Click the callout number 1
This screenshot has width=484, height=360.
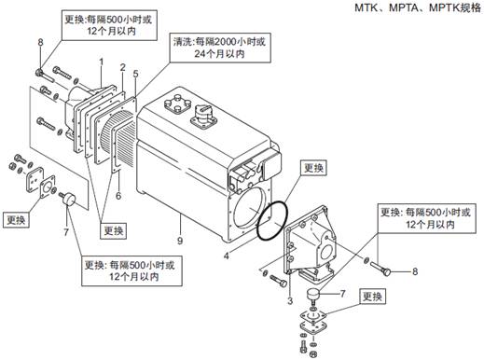point(101,62)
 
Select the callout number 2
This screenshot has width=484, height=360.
point(123,67)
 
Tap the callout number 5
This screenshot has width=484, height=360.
point(135,74)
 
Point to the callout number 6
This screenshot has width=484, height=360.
point(118,196)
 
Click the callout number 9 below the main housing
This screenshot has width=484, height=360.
point(180,241)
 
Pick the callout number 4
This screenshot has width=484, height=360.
point(227,256)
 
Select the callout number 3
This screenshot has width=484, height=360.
point(290,300)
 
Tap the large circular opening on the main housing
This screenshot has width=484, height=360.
point(250,209)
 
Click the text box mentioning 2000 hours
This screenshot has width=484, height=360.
point(220,48)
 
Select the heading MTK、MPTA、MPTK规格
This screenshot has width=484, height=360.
point(418,7)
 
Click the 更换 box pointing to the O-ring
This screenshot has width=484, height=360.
point(313,168)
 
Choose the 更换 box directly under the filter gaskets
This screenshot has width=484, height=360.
point(114,230)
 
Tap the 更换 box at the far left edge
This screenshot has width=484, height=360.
point(16,220)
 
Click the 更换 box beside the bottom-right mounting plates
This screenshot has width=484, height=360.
point(373,297)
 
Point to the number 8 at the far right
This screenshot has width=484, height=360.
point(415,271)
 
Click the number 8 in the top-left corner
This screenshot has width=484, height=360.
point(40,42)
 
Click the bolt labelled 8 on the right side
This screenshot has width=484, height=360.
point(380,269)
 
